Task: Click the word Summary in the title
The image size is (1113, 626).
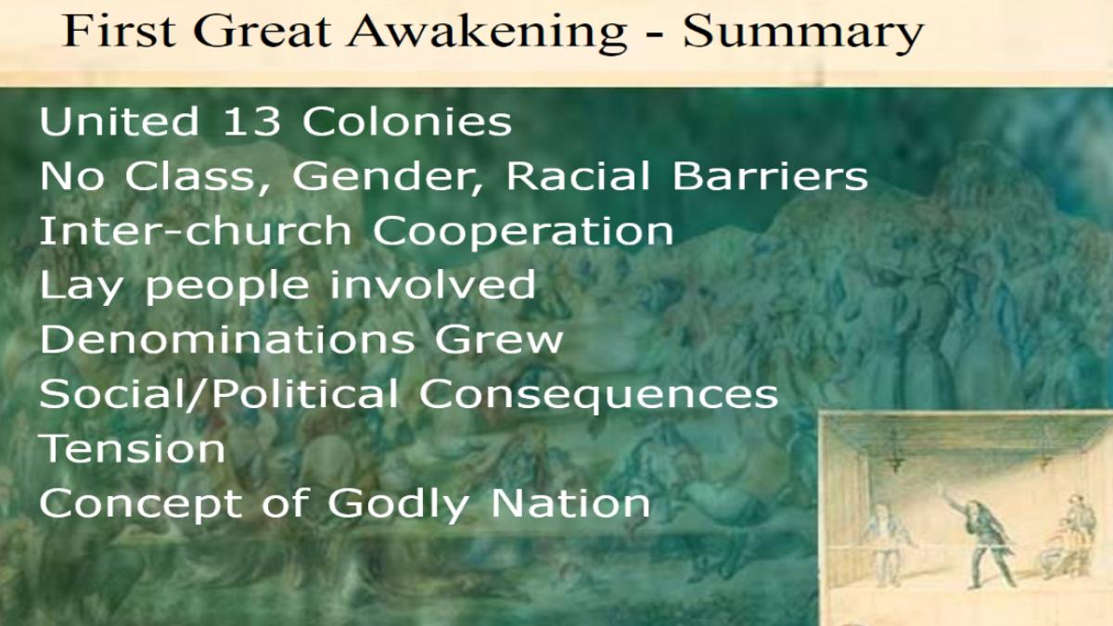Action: click(x=803, y=32)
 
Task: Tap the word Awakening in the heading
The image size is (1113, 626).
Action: click(x=487, y=32)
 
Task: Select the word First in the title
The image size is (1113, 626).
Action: click(x=120, y=31)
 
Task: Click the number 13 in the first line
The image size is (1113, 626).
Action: click(x=252, y=121)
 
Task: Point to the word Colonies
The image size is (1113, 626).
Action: click(x=407, y=121)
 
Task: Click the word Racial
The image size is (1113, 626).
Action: click(x=578, y=176)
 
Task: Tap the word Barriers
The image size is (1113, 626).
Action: click(x=770, y=176)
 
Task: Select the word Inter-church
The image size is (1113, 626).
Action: click(x=196, y=231)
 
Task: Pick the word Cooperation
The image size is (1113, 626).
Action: click(x=523, y=232)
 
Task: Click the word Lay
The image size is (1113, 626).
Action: click(x=81, y=287)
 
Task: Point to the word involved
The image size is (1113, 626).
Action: click(x=433, y=285)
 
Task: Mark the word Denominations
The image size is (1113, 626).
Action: click(x=227, y=339)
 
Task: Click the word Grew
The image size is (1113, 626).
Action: click(x=499, y=339)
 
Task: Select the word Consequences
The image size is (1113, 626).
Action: click(x=599, y=395)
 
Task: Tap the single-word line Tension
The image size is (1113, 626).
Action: click(x=132, y=448)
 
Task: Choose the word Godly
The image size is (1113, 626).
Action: click(x=399, y=505)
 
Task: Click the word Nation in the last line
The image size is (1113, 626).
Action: click(x=570, y=503)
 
